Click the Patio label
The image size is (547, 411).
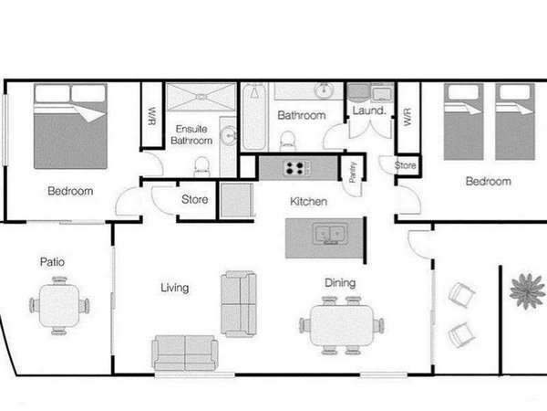click(52, 262)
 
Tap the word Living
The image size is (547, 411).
click(175, 288)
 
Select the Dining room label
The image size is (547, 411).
click(340, 283)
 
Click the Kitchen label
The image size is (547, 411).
click(309, 202)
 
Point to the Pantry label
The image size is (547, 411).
click(352, 172)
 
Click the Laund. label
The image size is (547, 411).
click(369, 111)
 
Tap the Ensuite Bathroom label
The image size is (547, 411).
click(191, 135)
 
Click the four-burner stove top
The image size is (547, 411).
click(296, 168)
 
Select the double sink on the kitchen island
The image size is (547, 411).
click(330, 233)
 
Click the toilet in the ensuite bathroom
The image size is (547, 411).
click(202, 167)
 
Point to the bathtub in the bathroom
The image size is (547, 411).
click(255, 117)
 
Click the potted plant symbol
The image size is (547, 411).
click(528, 291)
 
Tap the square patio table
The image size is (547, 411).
click(59, 306)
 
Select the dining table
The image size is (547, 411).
click(342, 326)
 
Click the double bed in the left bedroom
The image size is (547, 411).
click(70, 126)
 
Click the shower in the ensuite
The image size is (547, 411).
click(201, 97)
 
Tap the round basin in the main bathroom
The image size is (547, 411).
click(325, 90)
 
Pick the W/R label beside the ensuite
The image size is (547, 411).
click(152, 116)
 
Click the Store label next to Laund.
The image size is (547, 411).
click(406, 165)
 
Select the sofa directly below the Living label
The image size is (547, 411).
click(185, 353)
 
